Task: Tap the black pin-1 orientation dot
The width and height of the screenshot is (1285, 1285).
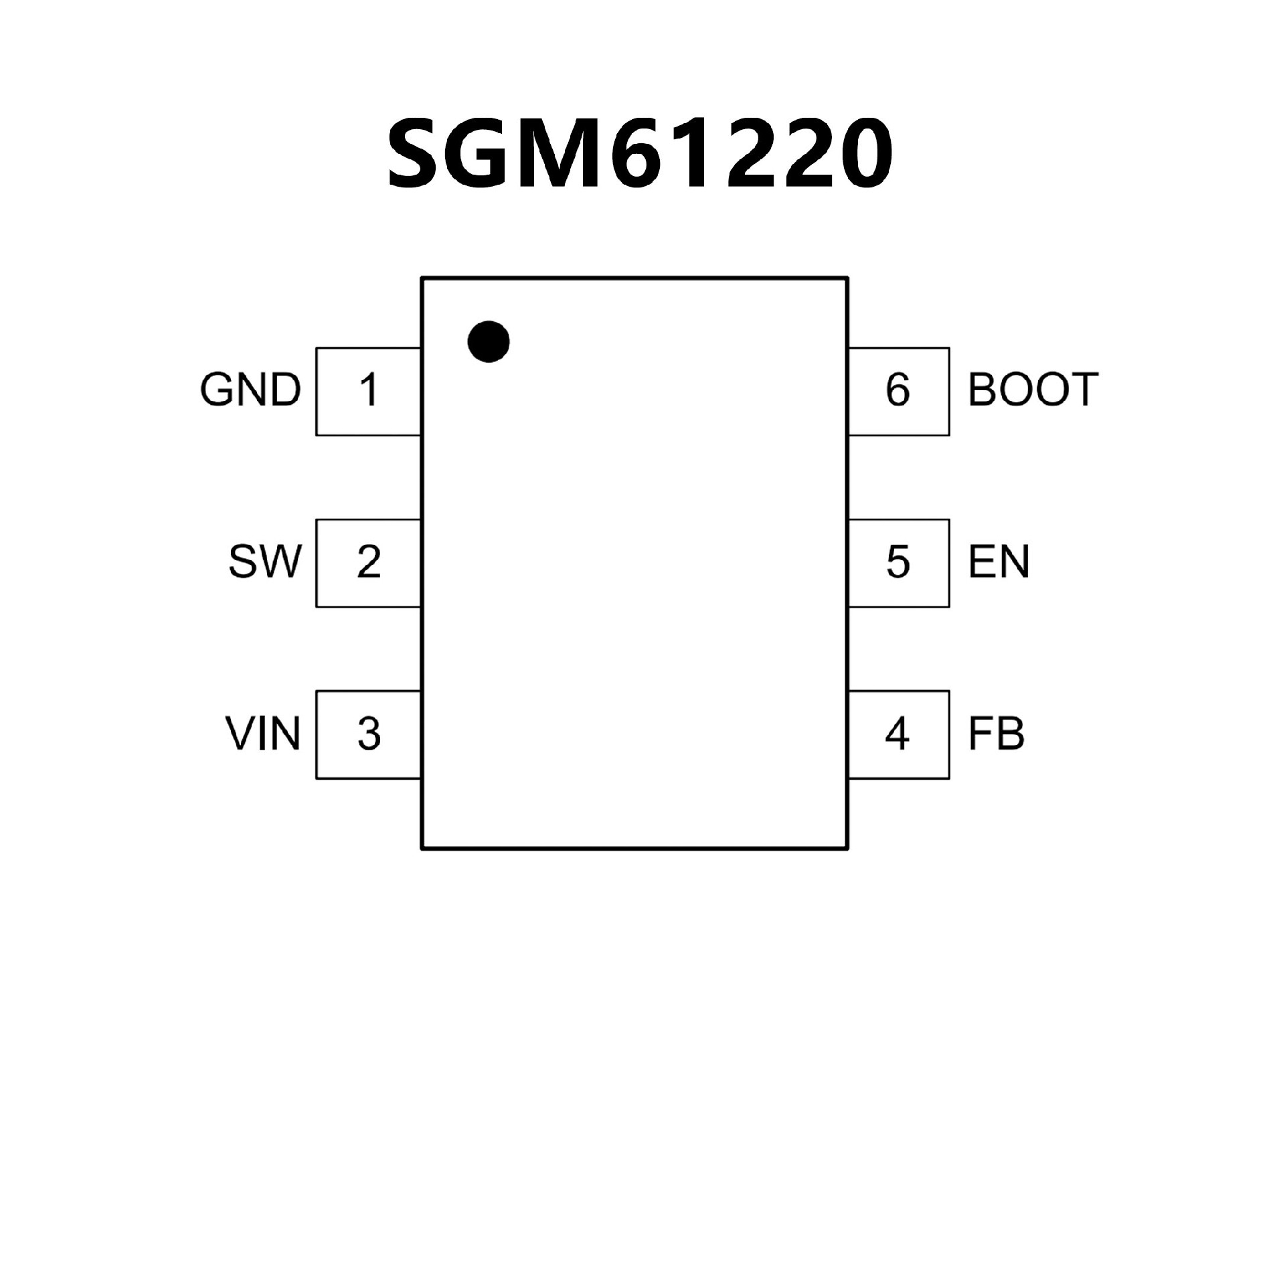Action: tap(489, 341)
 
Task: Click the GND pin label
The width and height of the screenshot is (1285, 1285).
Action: tap(251, 390)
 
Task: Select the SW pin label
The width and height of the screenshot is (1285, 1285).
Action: tap(265, 562)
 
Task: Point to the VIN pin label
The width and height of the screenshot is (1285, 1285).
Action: tap(262, 734)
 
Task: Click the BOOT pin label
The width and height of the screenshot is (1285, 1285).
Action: tap(1033, 390)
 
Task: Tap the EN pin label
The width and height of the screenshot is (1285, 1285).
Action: tap(999, 562)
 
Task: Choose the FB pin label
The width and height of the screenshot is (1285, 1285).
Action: tap(996, 734)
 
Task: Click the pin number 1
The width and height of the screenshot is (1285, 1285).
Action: tap(369, 390)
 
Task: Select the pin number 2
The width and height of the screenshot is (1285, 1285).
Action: tap(369, 562)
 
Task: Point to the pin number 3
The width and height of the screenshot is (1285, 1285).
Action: tap(369, 734)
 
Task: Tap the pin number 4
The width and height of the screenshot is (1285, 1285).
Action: tap(897, 734)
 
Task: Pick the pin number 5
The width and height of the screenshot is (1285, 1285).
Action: tap(897, 562)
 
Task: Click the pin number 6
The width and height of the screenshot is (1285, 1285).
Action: tap(897, 390)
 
